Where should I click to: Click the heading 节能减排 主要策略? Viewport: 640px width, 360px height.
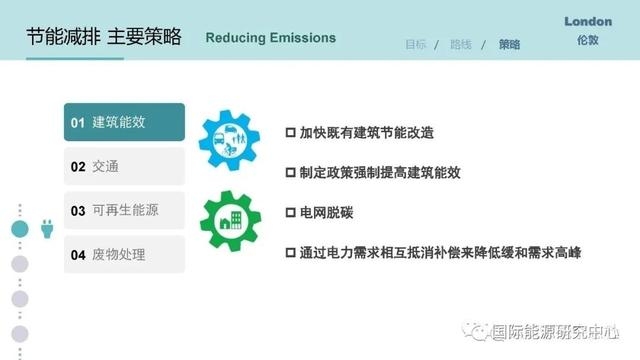[104, 38]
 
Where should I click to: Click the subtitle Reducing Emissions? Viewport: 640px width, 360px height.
[270, 39]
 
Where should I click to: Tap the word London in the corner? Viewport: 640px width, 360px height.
[588, 21]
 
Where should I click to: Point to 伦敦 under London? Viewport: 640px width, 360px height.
[588, 42]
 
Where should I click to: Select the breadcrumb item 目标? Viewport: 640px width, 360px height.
[415, 45]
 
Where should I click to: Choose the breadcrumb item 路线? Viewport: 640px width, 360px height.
[461, 45]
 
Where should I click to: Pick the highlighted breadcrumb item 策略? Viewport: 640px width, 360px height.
[508, 45]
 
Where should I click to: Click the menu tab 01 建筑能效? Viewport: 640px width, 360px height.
[124, 122]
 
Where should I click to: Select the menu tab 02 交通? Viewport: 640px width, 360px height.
[124, 167]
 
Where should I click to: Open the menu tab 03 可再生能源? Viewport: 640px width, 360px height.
[124, 211]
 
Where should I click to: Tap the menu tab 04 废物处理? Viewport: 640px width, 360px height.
[124, 255]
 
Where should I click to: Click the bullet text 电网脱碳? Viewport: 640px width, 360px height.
[326, 213]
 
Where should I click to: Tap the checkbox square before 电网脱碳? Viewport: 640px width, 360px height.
[291, 213]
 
